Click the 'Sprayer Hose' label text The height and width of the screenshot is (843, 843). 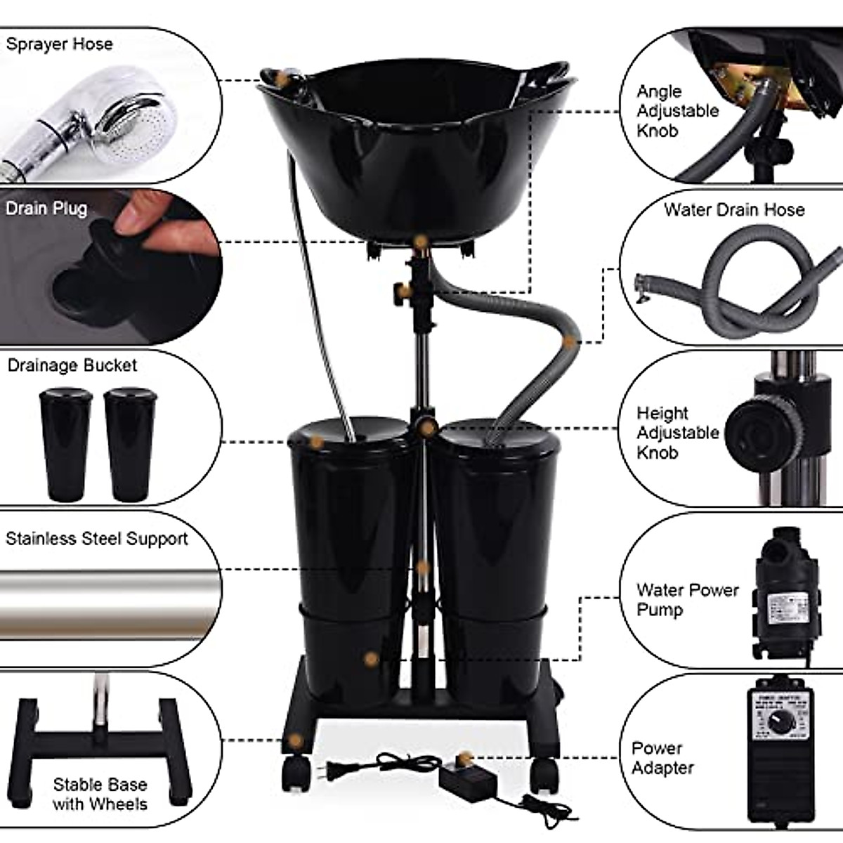(59, 44)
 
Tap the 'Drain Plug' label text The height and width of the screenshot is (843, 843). (46, 209)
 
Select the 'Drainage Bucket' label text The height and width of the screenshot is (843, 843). (72, 365)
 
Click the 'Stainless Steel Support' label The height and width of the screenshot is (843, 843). (97, 539)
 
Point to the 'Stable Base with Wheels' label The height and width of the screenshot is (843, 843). (100, 794)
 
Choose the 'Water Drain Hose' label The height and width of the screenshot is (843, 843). (734, 209)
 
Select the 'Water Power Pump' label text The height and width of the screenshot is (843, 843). (687, 599)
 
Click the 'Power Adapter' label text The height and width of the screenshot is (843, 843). (662, 758)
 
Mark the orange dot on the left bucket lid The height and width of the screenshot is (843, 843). (317, 443)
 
